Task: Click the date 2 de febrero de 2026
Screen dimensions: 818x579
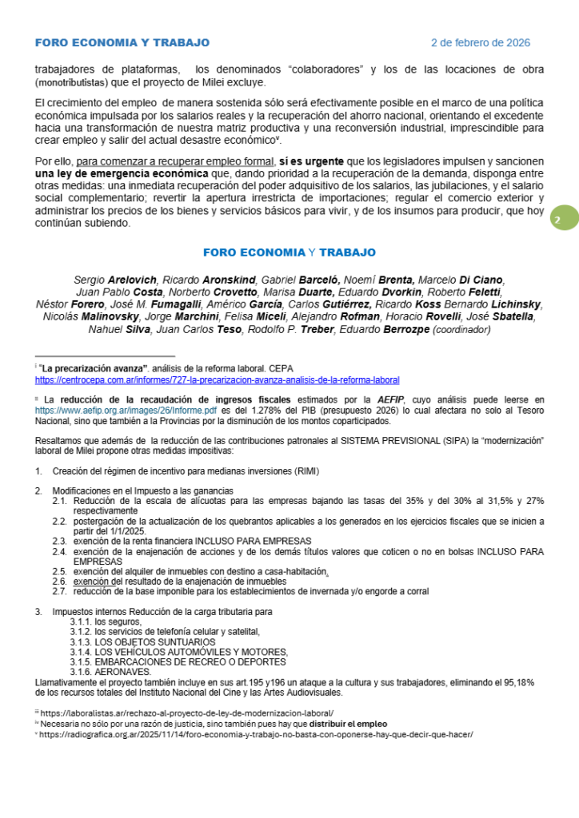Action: click(x=480, y=42)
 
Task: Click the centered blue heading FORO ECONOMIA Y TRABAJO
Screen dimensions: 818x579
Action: click(x=289, y=252)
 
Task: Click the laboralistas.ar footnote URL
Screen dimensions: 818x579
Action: click(x=186, y=713)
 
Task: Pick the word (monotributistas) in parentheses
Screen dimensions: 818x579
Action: click(x=73, y=82)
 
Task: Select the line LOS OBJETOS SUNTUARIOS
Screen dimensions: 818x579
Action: click(x=154, y=641)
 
